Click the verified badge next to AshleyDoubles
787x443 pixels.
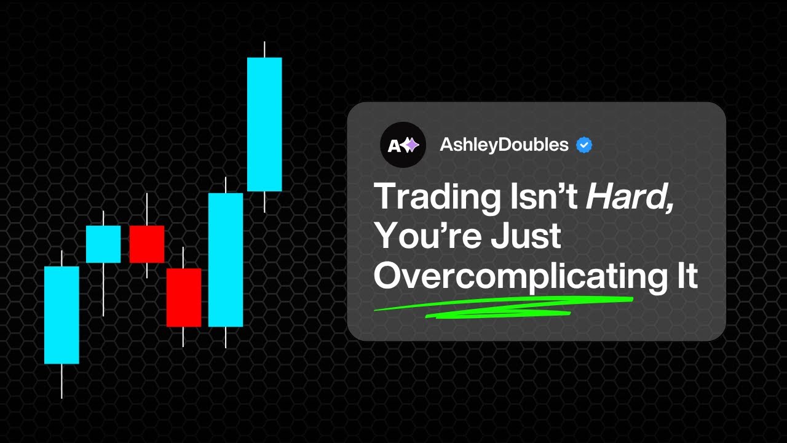(x=584, y=145)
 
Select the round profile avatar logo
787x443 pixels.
(x=403, y=145)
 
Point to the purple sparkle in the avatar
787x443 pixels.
(x=411, y=145)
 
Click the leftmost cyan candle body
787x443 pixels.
(x=61, y=314)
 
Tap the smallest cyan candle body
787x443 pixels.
(x=103, y=244)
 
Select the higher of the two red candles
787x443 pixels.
(x=146, y=244)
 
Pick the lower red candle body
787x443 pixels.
(x=183, y=297)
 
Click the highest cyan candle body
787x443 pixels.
(x=264, y=124)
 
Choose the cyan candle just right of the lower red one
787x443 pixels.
(x=226, y=260)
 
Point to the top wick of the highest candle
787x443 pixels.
(x=264, y=50)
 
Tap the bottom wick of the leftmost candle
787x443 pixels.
(x=61, y=381)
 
